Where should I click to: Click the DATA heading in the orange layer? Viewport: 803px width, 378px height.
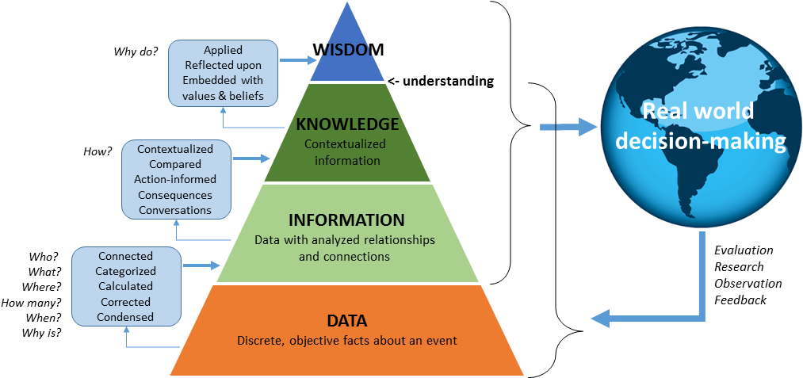click(346, 322)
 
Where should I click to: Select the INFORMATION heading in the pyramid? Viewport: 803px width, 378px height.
click(346, 220)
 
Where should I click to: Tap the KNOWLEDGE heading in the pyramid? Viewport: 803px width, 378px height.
click(346, 124)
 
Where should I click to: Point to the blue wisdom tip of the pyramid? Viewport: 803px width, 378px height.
click(346, 48)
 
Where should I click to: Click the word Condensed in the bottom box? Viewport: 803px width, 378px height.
click(125, 317)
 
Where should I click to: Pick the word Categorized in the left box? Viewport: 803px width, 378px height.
click(125, 271)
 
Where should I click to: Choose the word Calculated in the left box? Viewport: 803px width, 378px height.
click(125, 286)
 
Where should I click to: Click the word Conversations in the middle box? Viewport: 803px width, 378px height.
click(175, 210)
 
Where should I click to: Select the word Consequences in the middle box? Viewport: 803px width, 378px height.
click(175, 195)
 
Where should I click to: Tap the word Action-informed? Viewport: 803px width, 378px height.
click(175, 180)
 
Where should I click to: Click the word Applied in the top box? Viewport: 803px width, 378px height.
click(223, 51)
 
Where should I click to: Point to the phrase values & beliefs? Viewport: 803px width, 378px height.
click(223, 97)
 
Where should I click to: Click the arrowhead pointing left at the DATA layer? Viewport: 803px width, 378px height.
click(600, 319)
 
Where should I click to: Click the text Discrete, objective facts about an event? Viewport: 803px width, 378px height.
click(346, 342)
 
